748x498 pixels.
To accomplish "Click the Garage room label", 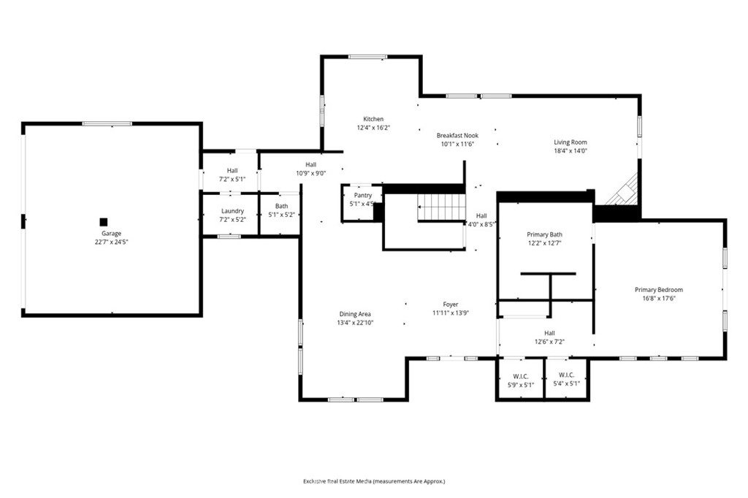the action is click(x=111, y=233).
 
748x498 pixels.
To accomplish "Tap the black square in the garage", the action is click(x=104, y=222).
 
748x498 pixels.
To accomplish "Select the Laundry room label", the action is click(x=233, y=211).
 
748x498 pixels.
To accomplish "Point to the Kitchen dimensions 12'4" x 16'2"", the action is click(x=373, y=128).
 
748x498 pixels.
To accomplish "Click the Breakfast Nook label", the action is click(x=457, y=136).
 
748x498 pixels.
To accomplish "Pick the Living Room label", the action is click(x=570, y=142).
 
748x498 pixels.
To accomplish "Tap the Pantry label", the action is click(x=363, y=196).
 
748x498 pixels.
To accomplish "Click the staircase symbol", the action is click(x=441, y=207).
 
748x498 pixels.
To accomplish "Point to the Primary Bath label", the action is click(x=544, y=234).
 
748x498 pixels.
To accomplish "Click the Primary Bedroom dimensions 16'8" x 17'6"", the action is click(x=659, y=299).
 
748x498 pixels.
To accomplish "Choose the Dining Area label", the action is click(x=355, y=314).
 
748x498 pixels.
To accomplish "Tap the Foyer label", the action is click(x=451, y=304).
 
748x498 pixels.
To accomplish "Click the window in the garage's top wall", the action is click(x=107, y=124).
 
